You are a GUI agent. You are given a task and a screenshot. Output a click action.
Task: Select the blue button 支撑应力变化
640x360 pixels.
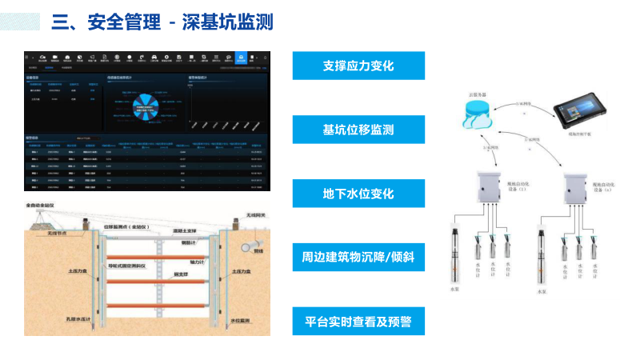tap(358, 66)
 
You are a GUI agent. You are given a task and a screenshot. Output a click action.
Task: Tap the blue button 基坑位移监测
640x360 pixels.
tap(358, 130)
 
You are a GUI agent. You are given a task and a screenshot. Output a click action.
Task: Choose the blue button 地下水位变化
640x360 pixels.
tap(358, 194)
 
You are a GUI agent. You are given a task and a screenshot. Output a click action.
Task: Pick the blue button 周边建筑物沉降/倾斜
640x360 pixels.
tap(358, 258)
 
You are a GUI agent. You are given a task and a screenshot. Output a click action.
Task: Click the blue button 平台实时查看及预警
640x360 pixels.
tap(358, 322)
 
